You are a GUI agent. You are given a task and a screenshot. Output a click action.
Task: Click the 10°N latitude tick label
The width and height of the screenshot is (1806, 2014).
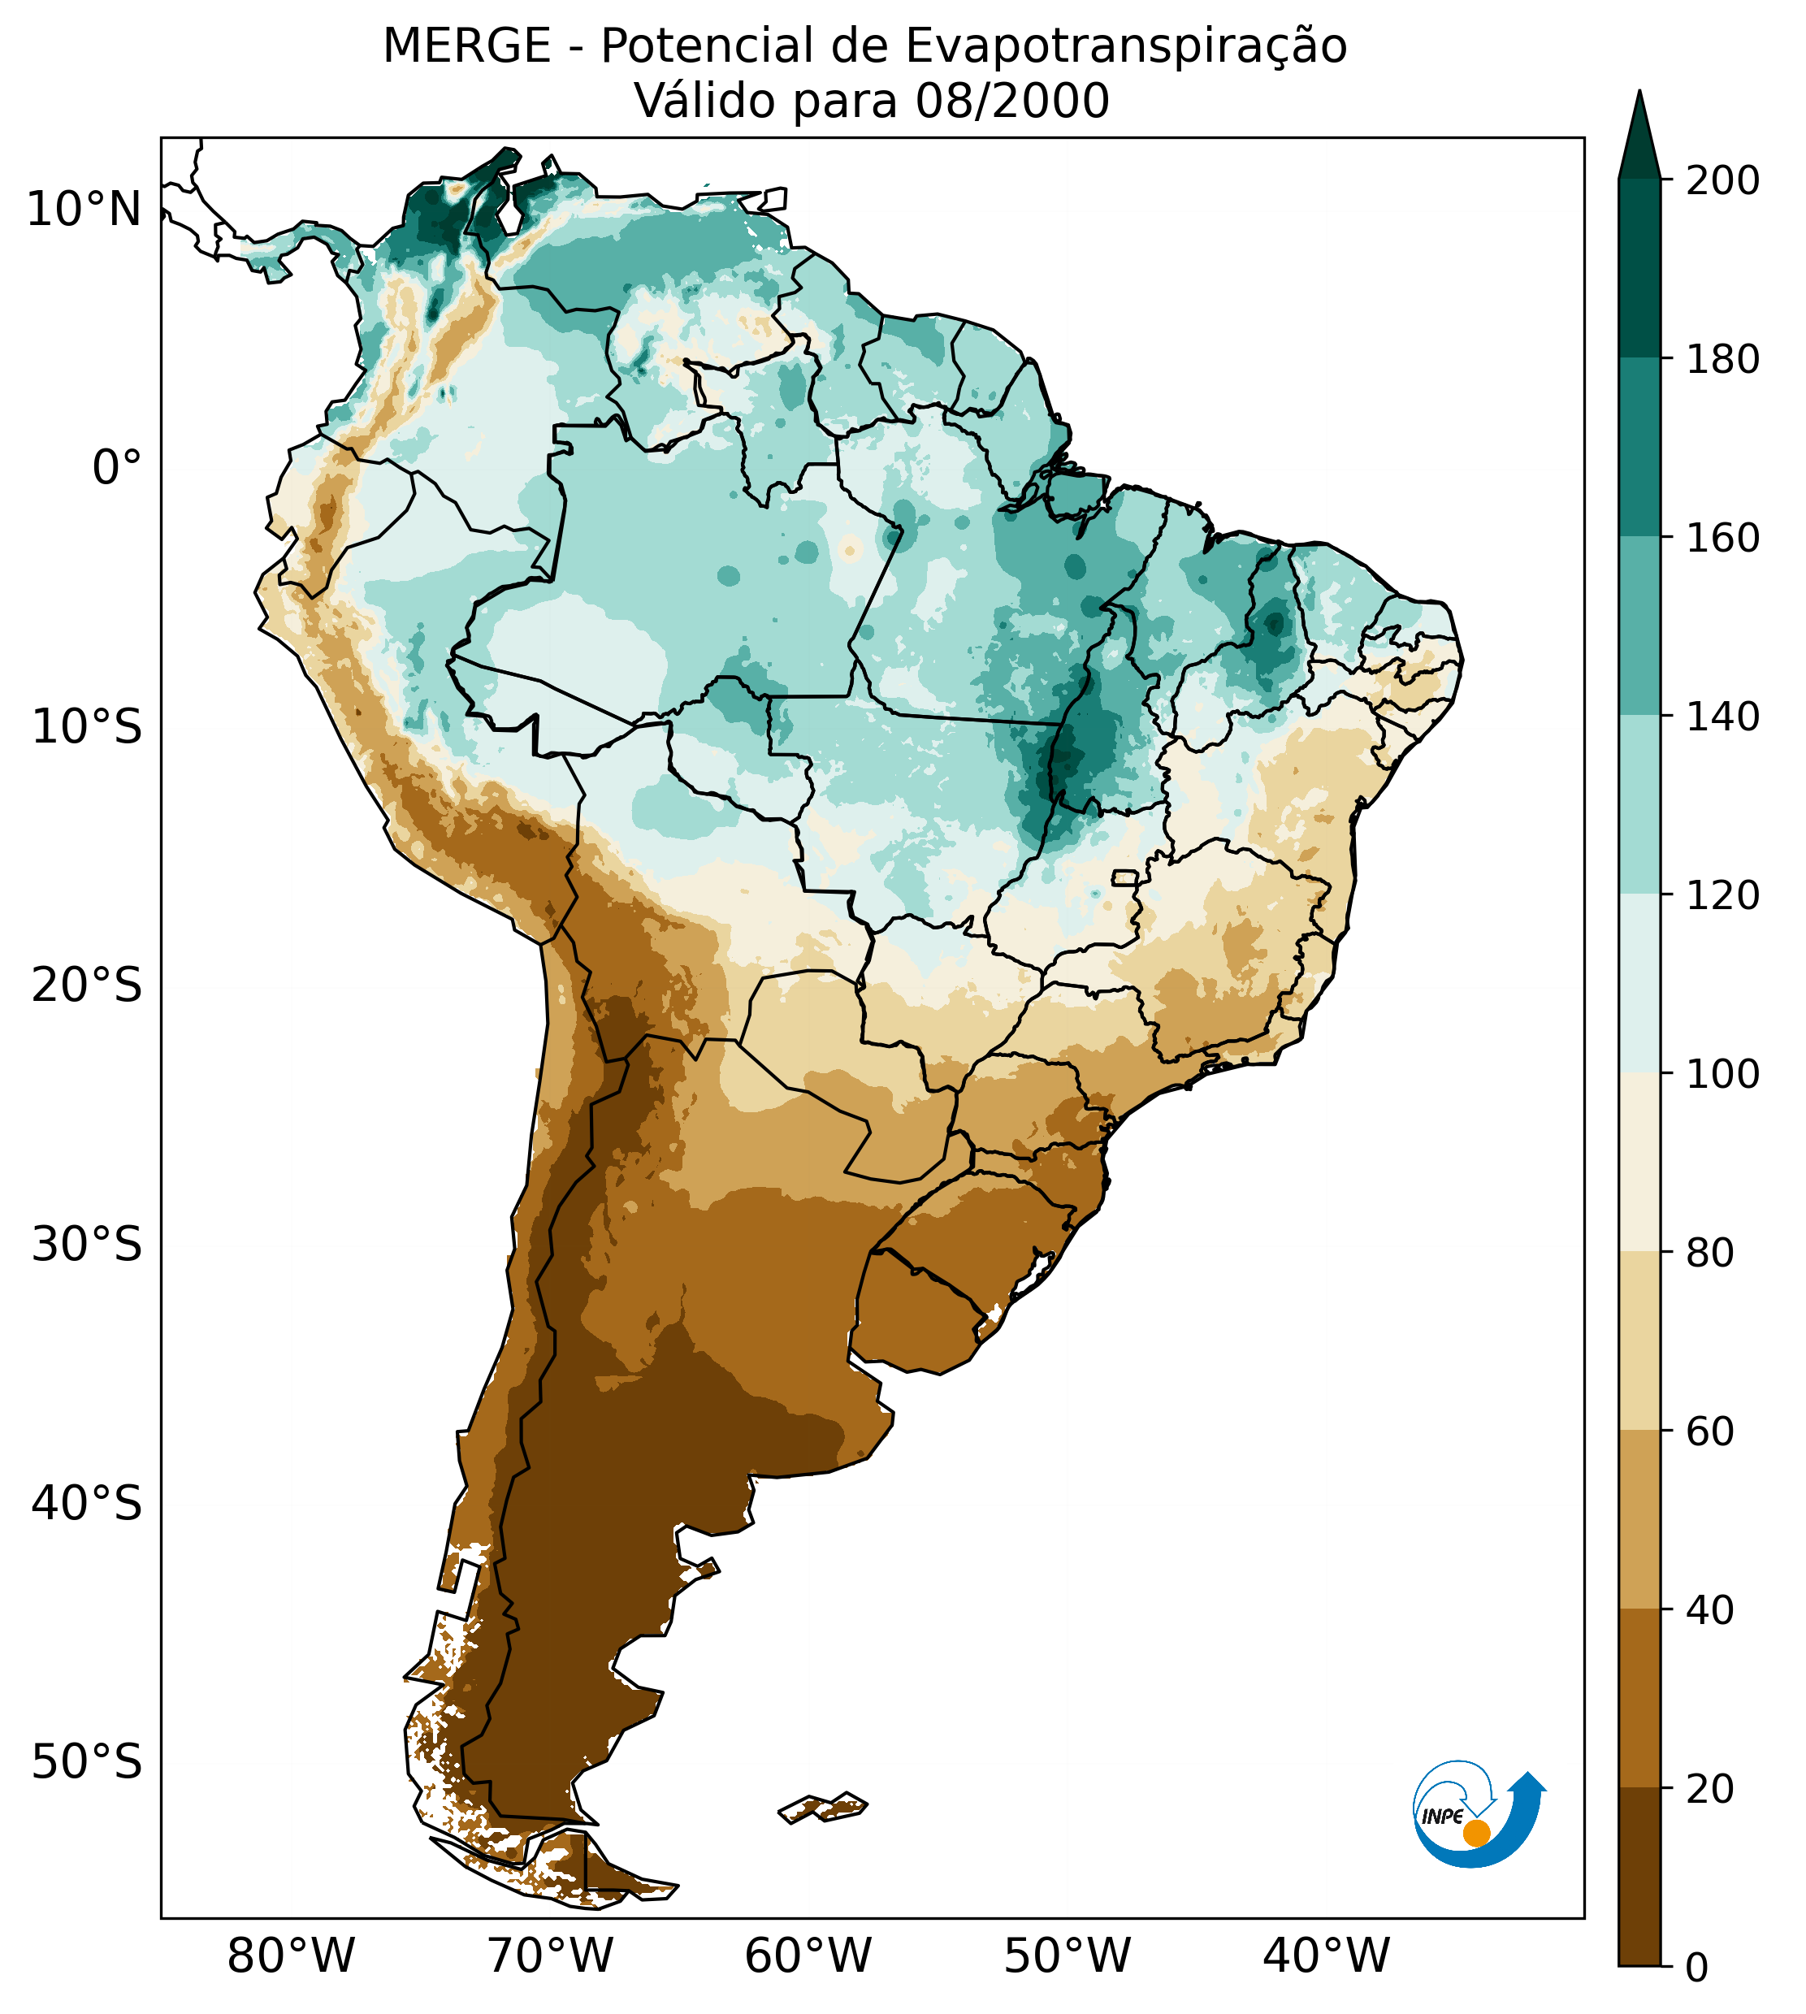coord(84,210)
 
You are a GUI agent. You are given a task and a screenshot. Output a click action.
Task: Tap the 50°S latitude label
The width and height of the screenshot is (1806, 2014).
coord(87,1763)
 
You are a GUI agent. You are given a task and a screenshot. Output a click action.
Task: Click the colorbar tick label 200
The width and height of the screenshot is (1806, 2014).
coord(1722,181)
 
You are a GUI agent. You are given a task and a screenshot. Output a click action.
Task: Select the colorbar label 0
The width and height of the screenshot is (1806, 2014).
coord(1697,1969)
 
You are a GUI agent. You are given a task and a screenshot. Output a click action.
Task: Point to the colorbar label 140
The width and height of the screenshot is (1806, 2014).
coord(1722,717)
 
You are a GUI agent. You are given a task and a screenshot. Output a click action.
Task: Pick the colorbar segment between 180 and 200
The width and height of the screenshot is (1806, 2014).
coord(1639,268)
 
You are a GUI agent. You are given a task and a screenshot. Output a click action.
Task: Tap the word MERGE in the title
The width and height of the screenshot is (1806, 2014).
coord(466,46)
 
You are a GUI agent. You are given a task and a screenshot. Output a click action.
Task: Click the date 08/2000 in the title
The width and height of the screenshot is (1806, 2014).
coord(1012,102)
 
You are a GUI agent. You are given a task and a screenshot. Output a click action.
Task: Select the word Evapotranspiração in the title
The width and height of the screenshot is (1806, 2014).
coord(1125,46)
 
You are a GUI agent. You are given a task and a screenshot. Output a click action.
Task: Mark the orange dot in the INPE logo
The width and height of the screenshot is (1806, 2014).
coord(1476,1833)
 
